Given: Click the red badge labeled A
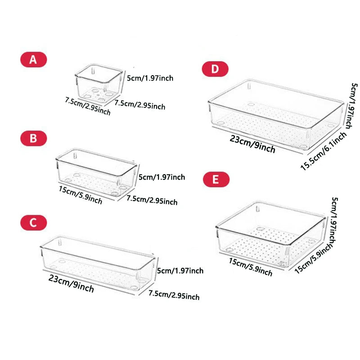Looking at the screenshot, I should [x=33, y=60].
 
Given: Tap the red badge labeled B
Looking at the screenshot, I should [x=33, y=139].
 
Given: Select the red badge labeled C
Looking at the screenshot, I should [x=33, y=222].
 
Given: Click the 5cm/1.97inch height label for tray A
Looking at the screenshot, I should [x=150, y=79].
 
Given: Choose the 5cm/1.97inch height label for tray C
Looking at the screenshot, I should [x=180, y=270].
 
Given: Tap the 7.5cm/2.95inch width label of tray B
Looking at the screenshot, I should [x=152, y=200].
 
